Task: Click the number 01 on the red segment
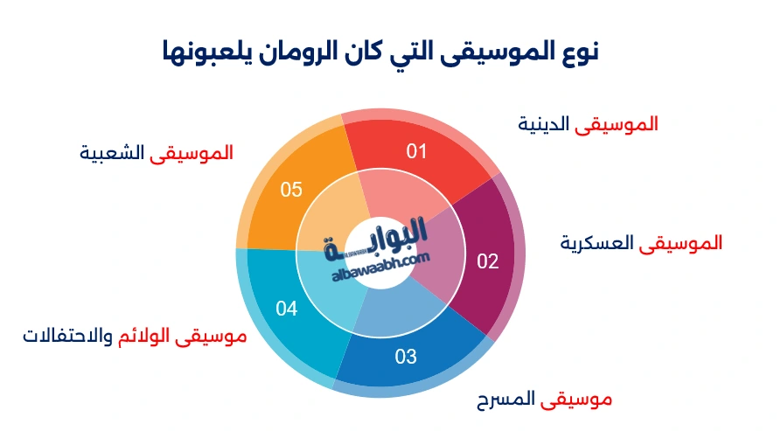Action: (x=416, y=151)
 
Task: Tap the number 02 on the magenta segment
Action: (x=487, y=261)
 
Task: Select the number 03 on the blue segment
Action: (x=406, y=357)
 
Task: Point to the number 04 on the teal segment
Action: (x=287, y=309)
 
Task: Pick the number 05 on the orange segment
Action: (x=291, y=189)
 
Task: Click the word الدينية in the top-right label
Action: (x=543, y=124)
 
